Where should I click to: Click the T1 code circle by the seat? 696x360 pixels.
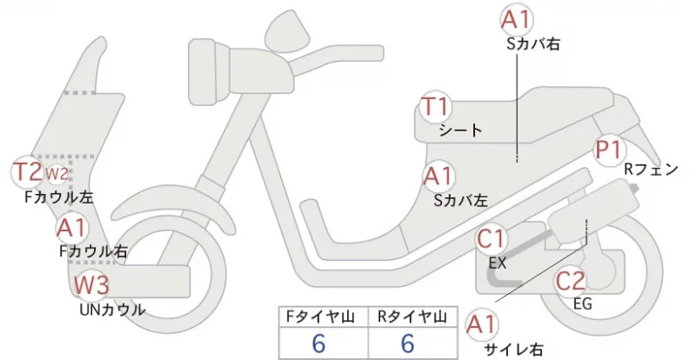click(436, 107)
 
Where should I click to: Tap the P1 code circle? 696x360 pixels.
click(608, 150)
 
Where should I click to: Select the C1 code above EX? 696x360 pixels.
click(491, 239)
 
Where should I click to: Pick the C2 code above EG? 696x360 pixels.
click(571, 281)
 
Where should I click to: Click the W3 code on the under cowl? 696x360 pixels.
click(91, 284)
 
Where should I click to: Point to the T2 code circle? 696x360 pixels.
click(28, 172)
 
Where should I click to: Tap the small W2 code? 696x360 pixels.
click(57, 174)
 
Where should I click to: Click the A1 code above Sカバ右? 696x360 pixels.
click(517, 20)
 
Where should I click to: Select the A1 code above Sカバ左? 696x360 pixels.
click(438, 177)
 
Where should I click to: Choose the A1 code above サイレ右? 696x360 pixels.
click(482, 325)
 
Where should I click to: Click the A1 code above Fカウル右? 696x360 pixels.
click(72, 228)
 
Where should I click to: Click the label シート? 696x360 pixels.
click(460, 130)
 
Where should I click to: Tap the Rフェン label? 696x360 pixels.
click(651, 169)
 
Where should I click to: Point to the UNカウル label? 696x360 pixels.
click(112, 310)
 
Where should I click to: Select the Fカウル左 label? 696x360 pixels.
click(59, 197)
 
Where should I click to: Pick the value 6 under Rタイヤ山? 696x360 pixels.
click(407, 343)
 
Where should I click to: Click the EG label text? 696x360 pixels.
click(582, 303)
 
